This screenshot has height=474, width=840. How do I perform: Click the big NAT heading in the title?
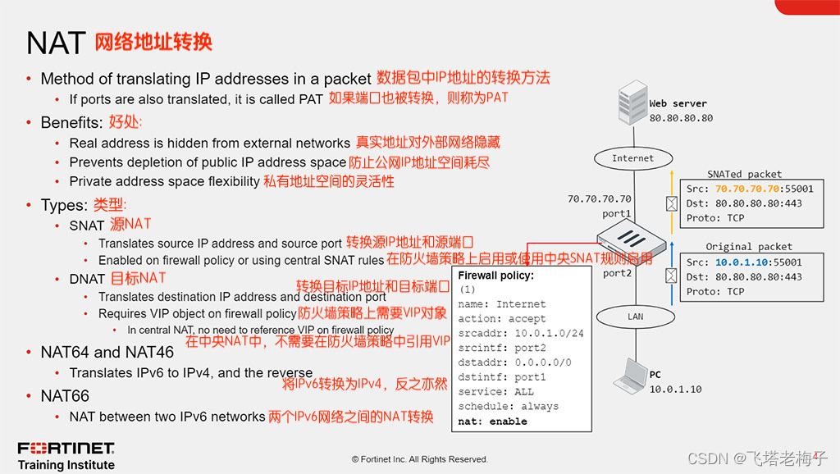(x=56, y=43)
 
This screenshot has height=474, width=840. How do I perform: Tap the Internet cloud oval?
(x=632, y=158)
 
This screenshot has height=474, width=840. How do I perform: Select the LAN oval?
(x=636, y=316)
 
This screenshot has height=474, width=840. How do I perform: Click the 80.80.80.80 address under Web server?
(x=681, y=118)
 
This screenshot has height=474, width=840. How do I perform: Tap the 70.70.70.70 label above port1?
(x=600, y=199)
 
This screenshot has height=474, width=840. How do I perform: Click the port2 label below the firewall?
(x=617, y=273)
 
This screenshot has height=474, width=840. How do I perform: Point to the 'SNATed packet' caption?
(x=745, y=174)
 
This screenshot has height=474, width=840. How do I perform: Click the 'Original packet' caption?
(x=749, y=246)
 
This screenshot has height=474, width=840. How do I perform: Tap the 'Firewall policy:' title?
(x=495, y=276)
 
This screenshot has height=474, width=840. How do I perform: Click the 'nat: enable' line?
(x=492, y=422)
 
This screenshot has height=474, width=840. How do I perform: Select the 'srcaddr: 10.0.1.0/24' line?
(x=521, y=334)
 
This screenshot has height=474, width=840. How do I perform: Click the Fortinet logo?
(x=66, y=448)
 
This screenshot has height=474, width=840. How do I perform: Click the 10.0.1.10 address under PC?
(x=676, y=389)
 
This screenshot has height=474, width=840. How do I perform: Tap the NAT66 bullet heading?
(x=65, y=396)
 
